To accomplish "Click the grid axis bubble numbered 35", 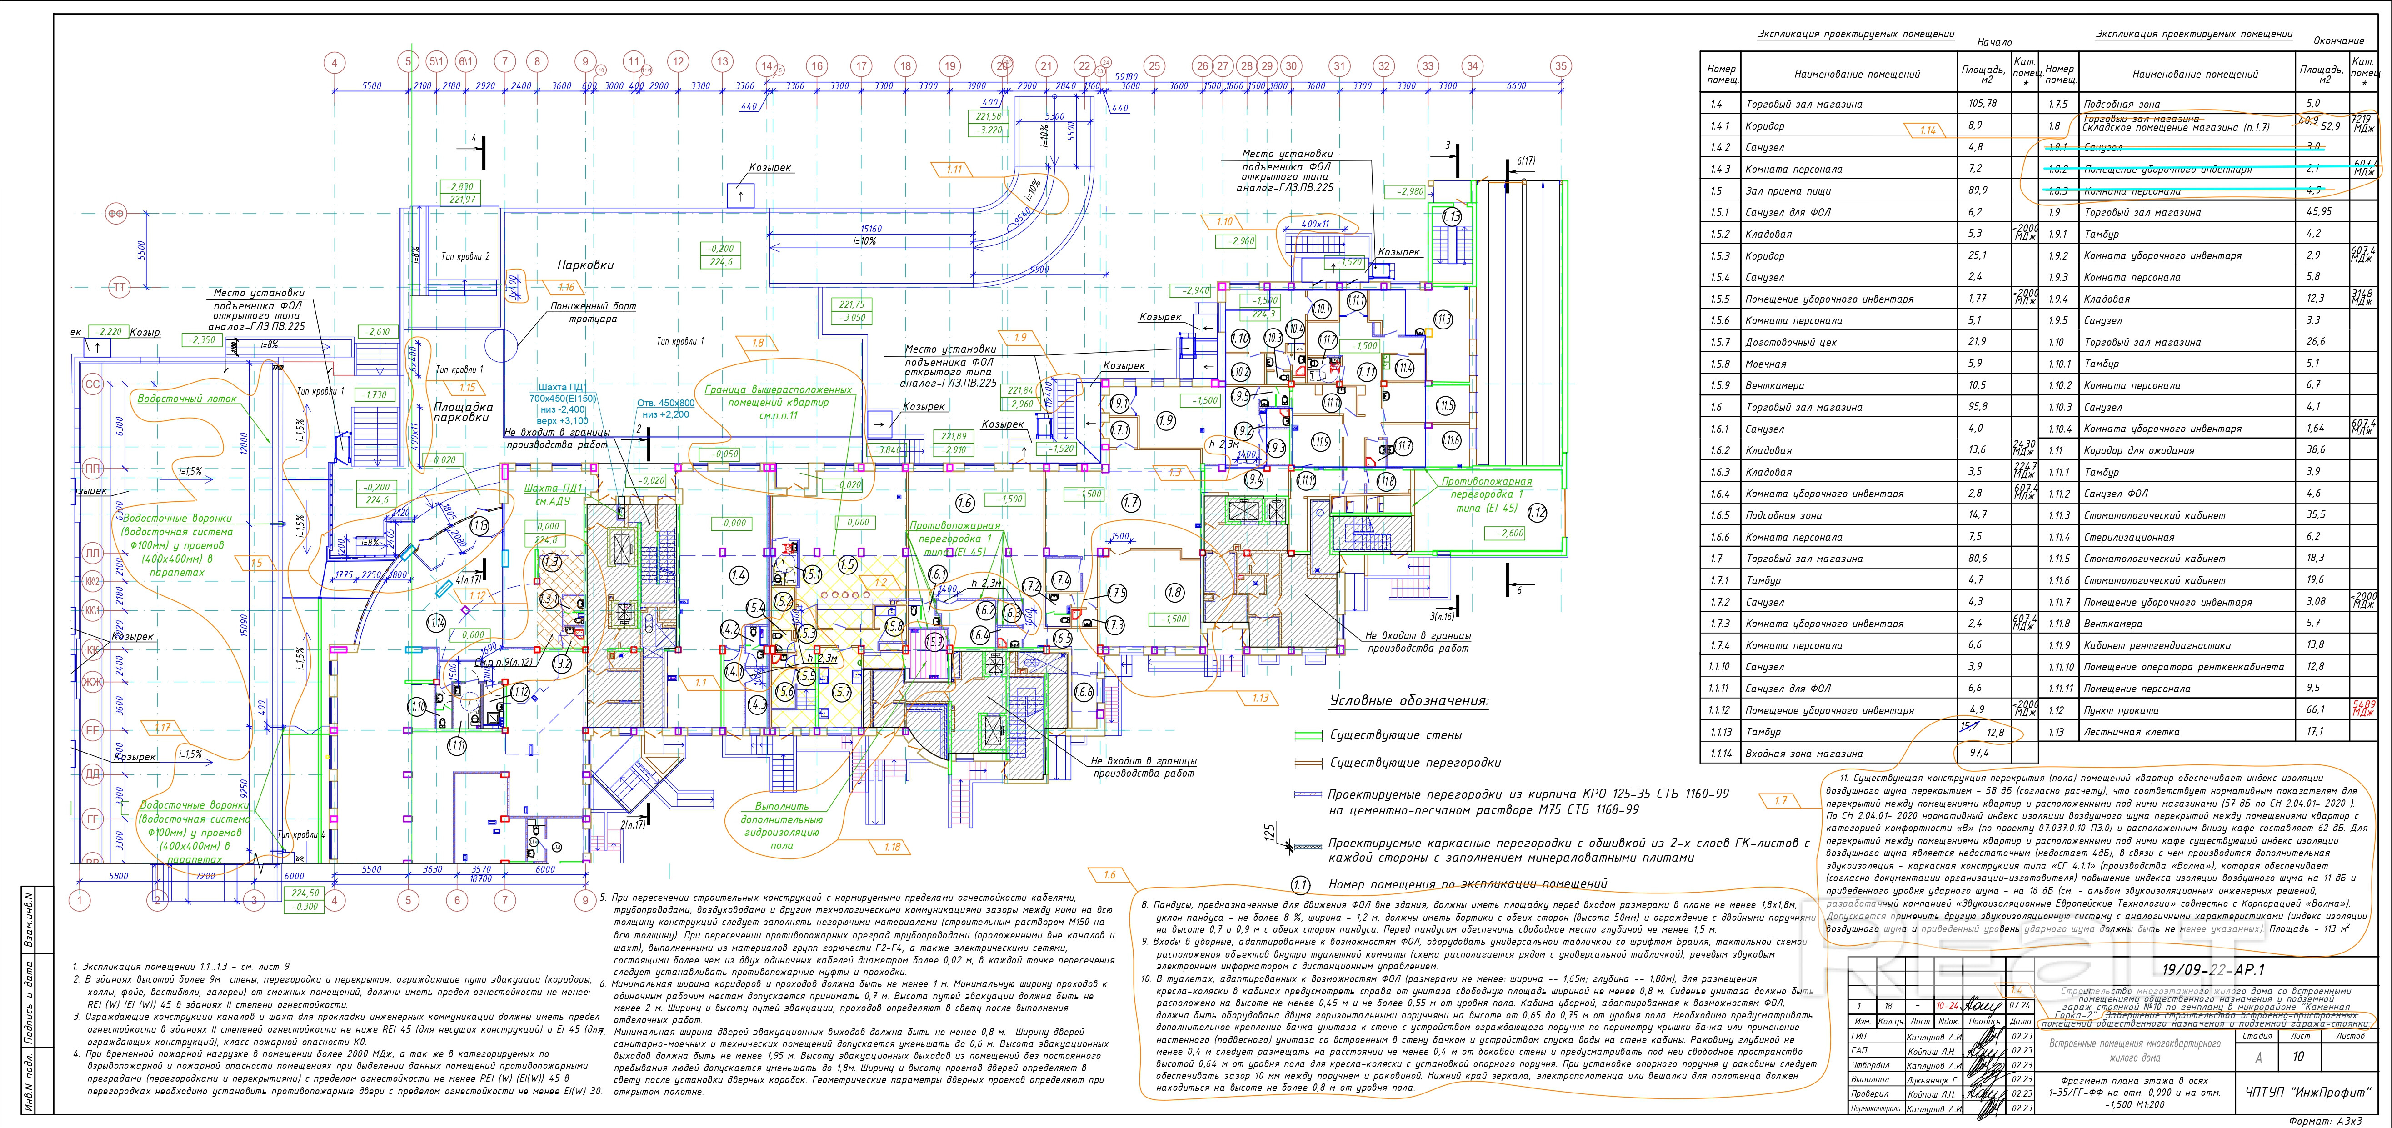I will [1561, 66].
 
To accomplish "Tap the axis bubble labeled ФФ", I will [116, 214].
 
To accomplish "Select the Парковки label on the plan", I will [585, 265].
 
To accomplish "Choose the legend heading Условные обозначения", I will [1408, 701].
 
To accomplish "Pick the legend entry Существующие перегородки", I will [1414, 762].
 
